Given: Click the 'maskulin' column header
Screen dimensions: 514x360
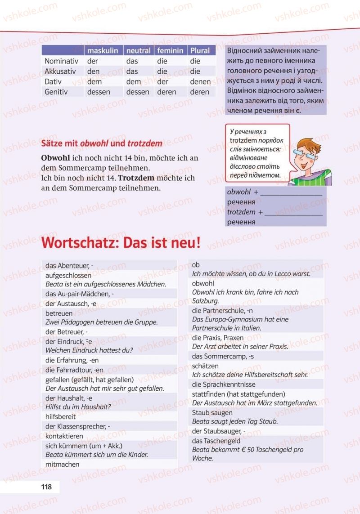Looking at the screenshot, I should (x=103, y=50).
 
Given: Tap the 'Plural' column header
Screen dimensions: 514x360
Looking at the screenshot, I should (x=200, y=50).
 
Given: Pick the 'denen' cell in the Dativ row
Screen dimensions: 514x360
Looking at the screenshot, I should (x=200, y=81).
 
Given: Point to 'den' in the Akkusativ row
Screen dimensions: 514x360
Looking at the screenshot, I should (x=94, y=71).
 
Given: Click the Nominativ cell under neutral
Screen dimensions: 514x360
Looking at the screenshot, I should (x=132, y=61).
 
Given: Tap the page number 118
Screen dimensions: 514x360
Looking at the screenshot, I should (x=46, y=487).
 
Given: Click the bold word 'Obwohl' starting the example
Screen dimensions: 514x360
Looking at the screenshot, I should (x=55, y=158).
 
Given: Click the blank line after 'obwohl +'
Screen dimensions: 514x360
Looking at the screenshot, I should (x=291, y=193).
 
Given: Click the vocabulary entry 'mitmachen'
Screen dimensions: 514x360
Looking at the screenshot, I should (x=63, y=464).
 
